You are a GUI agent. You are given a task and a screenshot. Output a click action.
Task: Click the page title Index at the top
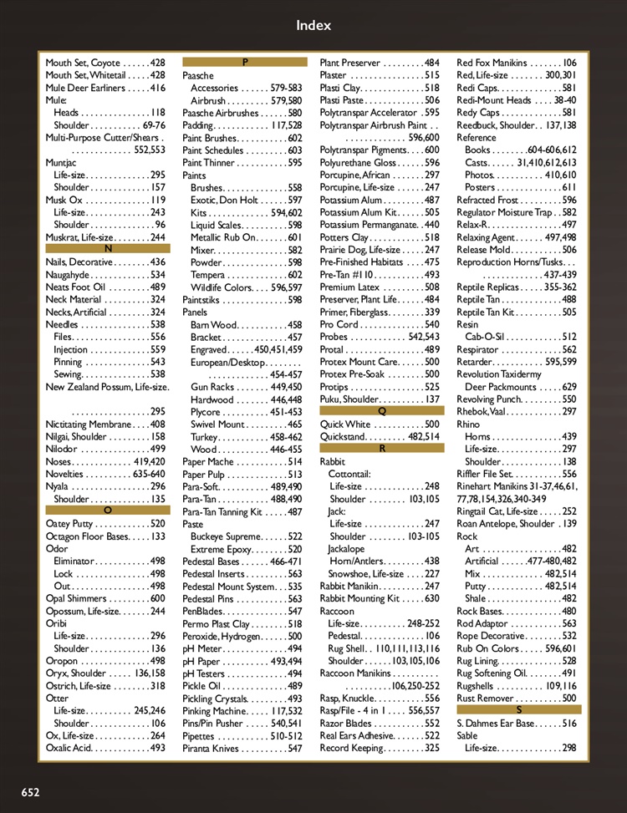coord(313,25)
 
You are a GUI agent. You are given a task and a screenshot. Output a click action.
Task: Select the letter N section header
coord(108,249)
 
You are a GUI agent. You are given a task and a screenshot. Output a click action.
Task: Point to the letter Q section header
coord(381,411)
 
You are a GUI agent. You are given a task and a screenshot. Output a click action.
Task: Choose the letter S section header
coord(518,709)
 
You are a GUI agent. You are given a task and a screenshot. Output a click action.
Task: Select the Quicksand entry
coord(380,436)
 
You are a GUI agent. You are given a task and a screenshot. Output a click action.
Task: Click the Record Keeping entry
coord(380,748)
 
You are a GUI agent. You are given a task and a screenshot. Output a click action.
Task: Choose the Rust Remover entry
coord(517,698)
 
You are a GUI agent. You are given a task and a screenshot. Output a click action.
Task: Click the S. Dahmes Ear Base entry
coord(517,724)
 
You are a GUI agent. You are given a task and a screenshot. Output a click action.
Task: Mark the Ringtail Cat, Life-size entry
coord(517,511)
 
